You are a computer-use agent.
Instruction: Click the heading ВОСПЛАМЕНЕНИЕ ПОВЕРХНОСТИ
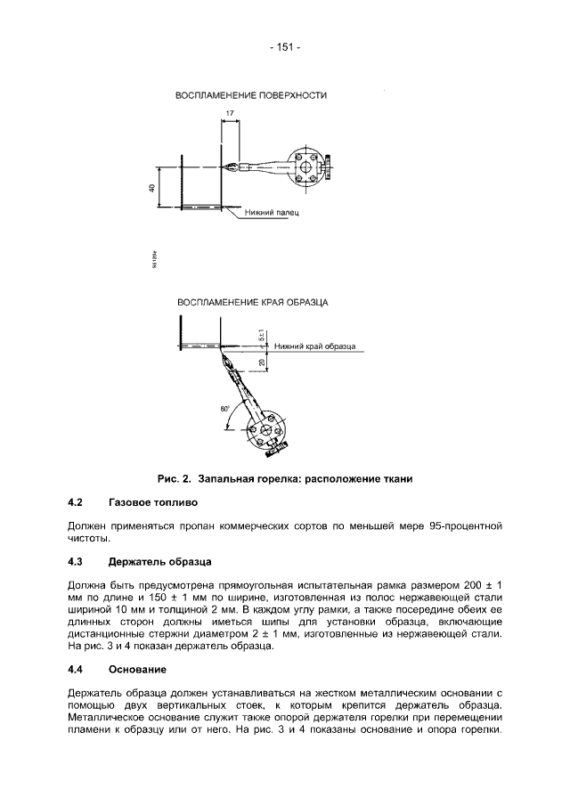[251, 94]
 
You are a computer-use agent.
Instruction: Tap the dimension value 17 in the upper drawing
[231, 113]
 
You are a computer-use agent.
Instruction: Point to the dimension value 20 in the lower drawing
[261, 362]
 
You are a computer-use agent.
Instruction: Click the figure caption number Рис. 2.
[174, 478]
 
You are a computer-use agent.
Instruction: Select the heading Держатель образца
[159, 561]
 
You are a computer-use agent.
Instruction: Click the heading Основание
[137, 668]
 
